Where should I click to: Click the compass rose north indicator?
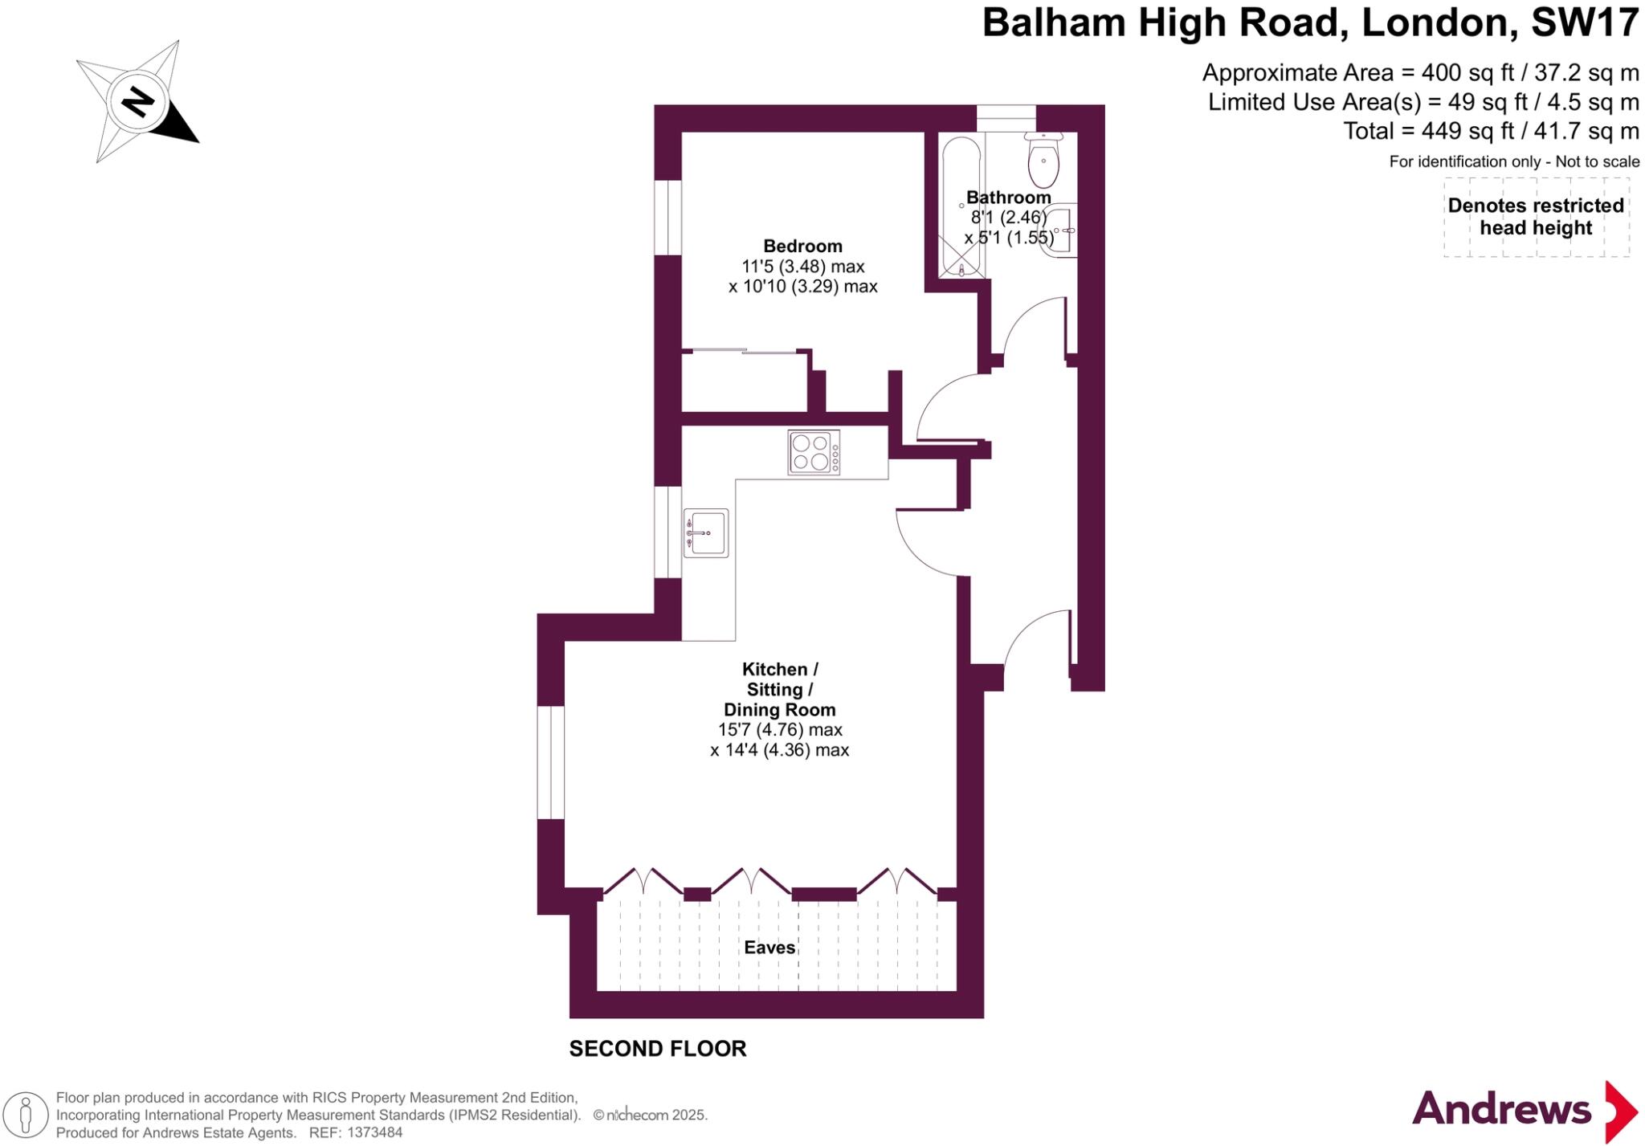pyautogui.click(x=137, y=103)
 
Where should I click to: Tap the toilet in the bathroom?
pyautogui.click(x=1043, y=159)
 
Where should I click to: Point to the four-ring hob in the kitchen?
pyautogui.click(x=813, y=452)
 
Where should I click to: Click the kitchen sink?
pyautogui.click(x=706, y=532)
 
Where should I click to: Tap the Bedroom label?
pyautogui.click(x=802, y=246)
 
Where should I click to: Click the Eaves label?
pyautogui.click(x=769, y=948)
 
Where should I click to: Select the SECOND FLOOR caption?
pyautogui.click(x=658, y=1049)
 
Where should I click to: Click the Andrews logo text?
pyautogui.click(x=1501, y=1109)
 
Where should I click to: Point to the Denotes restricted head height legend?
pyautogui.click(x=1536, y=217)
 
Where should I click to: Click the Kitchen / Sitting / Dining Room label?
pyautogui.click(x=780, y=689)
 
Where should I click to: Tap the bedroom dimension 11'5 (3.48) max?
pyautogui.click(x=802, y=267)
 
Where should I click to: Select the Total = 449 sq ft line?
pyautogui.click(x=1491, y=131)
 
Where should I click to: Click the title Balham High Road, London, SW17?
pyautogui.click(x=1310, y=22)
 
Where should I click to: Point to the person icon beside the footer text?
pyautogui.click(x=25, y=1115)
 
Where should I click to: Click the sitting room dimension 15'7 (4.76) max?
pyautogui.click(x=780, y=730)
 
